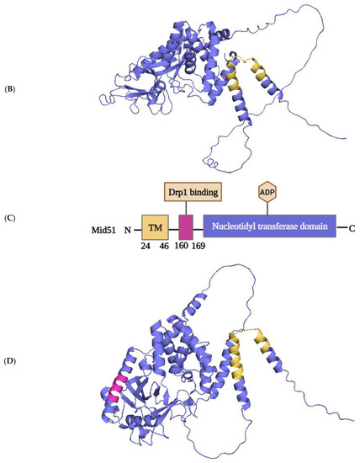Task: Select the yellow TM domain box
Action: (x=154, y=226)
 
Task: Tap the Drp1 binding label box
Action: (x=192, y=193)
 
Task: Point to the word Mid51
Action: (x=106, y=228)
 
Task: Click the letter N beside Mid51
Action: (x=129, y=228)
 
